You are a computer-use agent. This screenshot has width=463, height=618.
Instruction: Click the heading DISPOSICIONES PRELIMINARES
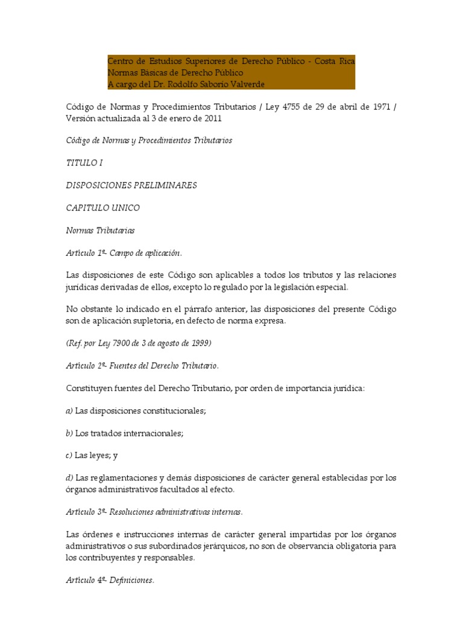point(131,185)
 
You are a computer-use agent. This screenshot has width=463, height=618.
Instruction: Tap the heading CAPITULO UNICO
point(102,208)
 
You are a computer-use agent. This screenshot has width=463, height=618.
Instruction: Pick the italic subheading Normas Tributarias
point(100,230)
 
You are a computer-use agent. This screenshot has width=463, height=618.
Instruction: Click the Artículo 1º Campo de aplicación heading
point(124,252)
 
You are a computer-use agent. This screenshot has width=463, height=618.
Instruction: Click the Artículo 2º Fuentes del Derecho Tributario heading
point(142,366)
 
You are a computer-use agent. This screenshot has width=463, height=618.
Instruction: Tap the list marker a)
point(69,410)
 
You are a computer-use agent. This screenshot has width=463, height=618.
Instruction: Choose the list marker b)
point(69,433)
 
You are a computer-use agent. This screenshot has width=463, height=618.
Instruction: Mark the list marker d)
point(69,478)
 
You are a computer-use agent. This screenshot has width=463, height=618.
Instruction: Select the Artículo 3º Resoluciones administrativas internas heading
point(154,512)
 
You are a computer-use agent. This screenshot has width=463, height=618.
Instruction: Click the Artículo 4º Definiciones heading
point(110,581)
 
